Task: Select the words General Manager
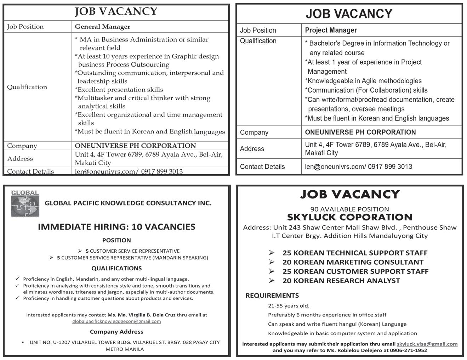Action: click(x=102, y=27)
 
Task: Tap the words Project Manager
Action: click(x=331, y=30)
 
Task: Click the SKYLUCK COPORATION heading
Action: click(x=349, y=217)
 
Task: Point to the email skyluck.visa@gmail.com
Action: click(x=427, y=344)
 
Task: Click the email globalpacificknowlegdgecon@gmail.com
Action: click(x=116, y=321)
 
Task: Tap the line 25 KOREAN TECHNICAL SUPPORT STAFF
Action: click(x=355, y=253)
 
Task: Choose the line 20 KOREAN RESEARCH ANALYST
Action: click(x=341, y=281)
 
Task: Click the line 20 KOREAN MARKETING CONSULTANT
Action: click(x=353, y=262)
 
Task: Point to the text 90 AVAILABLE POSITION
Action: click(x=349, y=209)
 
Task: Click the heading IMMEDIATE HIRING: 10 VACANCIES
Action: click(x=116, y=227)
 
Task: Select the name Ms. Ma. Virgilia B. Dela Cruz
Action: click(x=141, y=315)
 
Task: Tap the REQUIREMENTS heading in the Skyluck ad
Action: click(x=272, y=296)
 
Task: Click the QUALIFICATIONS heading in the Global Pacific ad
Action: click(x=116, y=268)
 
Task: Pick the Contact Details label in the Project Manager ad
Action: click(x=262, y=167)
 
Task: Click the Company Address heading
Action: click(x=116, y=332)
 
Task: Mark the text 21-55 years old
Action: click(x=289, y=305)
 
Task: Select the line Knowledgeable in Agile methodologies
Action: click(x=364, y=81)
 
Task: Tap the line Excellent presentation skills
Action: click(x=119, y=90)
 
